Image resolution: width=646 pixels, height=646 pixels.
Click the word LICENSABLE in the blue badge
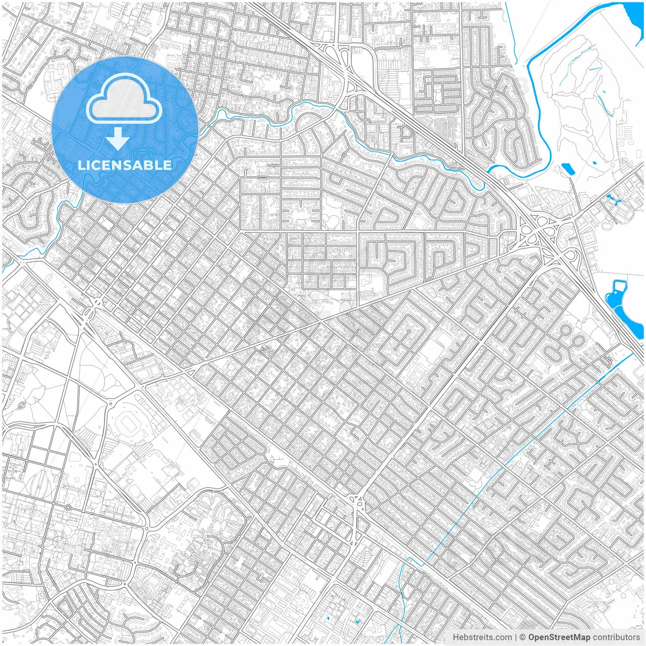pos(125,165)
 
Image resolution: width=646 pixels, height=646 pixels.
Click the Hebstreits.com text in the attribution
pos(482,637)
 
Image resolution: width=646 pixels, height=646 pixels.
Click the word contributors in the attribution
pos(616,637)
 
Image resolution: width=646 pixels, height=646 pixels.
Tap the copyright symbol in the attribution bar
pos(523,637)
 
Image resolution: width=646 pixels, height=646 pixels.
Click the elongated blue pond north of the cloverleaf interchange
pos(568,169)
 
